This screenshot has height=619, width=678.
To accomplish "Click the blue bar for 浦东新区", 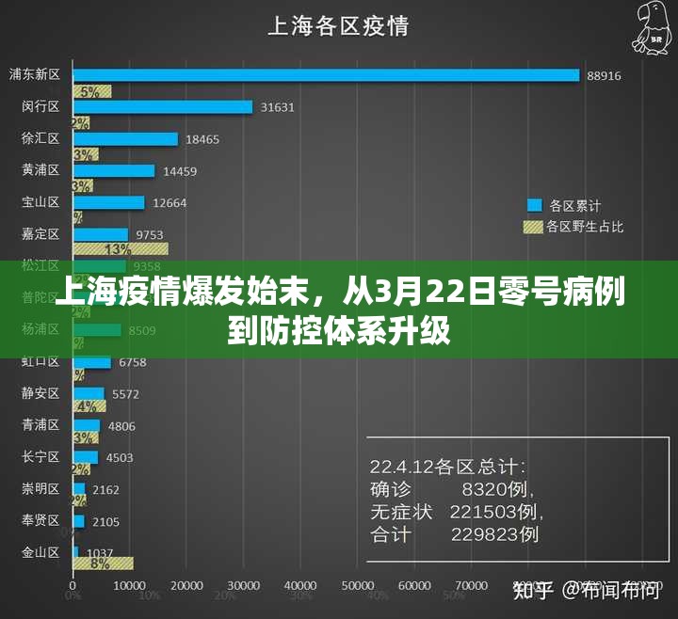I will [x=326, y=74].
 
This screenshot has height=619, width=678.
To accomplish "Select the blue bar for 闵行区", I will [x=163, y=107].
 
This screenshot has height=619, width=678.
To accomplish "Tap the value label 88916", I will [x=604, y=75].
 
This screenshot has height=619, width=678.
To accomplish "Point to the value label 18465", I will [x=202, y=139].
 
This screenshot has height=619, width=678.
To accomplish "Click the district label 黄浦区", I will [x=40, y=170].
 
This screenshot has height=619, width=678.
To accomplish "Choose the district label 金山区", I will [x=40, y=552].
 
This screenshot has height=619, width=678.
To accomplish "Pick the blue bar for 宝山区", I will [x=109, y=202].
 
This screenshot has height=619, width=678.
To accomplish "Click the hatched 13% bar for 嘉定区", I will [x=121, y=249].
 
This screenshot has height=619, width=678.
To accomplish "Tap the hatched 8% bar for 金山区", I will [x=103, y=563].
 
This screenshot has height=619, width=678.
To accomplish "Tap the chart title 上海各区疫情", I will [x=338, y=25].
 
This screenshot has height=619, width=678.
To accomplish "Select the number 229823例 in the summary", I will [x=494, y=534].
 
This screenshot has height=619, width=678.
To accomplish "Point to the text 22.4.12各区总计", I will [x=448, y=466].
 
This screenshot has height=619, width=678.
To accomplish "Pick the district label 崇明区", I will [x=40, y=489].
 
